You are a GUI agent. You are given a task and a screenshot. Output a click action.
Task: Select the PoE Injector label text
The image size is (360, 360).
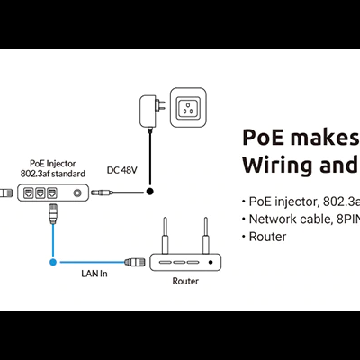[54, 163]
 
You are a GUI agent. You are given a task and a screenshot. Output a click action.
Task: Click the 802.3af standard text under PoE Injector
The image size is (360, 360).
[54, 174]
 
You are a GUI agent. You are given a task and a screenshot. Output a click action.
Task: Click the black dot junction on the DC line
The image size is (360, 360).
[151, 192]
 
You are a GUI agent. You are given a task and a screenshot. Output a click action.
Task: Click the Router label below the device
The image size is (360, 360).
[185, 281]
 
